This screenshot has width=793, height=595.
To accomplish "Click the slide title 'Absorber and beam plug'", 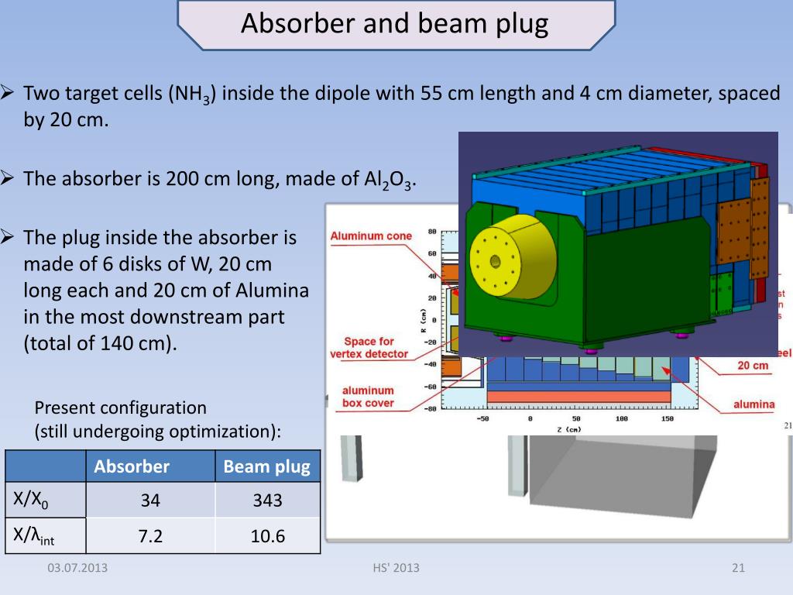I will coord(395,24).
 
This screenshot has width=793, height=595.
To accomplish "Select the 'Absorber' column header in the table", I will coord(132,466).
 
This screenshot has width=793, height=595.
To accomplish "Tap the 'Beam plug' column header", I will coord(266,466).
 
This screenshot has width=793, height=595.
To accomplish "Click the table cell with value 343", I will coord(266,500).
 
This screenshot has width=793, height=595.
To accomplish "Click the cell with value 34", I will coord(150,500).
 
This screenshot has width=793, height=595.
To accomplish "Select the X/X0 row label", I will coord(31,500).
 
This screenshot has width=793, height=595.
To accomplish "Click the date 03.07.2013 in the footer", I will coord(77,568).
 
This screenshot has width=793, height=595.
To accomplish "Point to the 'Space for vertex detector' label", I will coord(369,347).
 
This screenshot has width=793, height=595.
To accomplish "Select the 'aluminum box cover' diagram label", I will coord(368,397).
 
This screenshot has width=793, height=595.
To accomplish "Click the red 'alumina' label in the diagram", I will coord(754,404).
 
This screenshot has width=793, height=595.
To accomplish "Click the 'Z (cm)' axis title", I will coord(568,428).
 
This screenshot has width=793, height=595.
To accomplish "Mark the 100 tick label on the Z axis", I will coord(621,418).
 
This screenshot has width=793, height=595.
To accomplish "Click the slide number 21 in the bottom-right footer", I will coord(737,568).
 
